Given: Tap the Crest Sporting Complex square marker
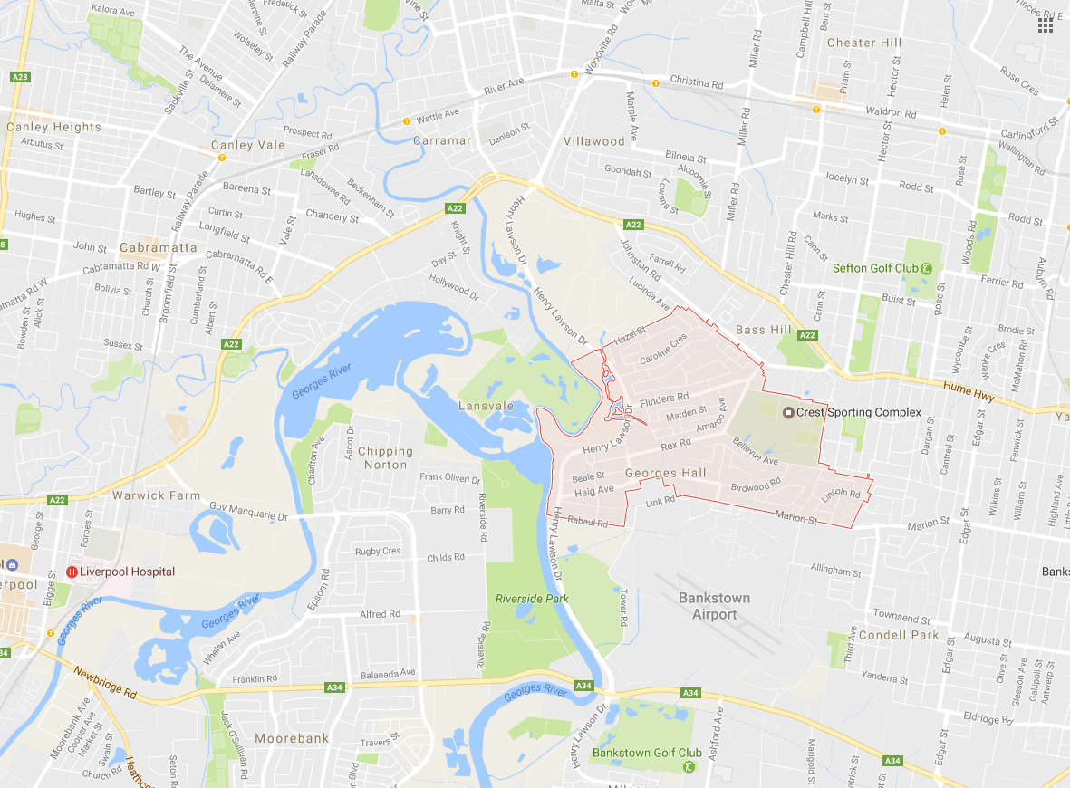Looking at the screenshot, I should coord(788,412).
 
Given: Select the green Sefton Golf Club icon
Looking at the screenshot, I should coord(926,268).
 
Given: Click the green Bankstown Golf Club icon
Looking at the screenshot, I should coord(689,767).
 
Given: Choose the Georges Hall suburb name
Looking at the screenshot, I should coord(666,473).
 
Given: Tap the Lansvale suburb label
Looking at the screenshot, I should coord(486,406).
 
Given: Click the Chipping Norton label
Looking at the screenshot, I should coord(385,457).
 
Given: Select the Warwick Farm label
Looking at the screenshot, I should coord(156,495).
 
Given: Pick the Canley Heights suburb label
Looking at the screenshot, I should coord(53,127).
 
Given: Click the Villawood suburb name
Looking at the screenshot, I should coord(594,141).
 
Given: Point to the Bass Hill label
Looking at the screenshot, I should coord(764,330).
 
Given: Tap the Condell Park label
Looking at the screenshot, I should coord(898,634).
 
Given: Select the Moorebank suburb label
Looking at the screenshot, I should coord(292,738).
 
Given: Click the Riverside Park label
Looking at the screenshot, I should coord(532,599).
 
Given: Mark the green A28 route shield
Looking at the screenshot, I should coord(20,77).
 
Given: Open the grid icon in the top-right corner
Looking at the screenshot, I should coord(1046,25).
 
